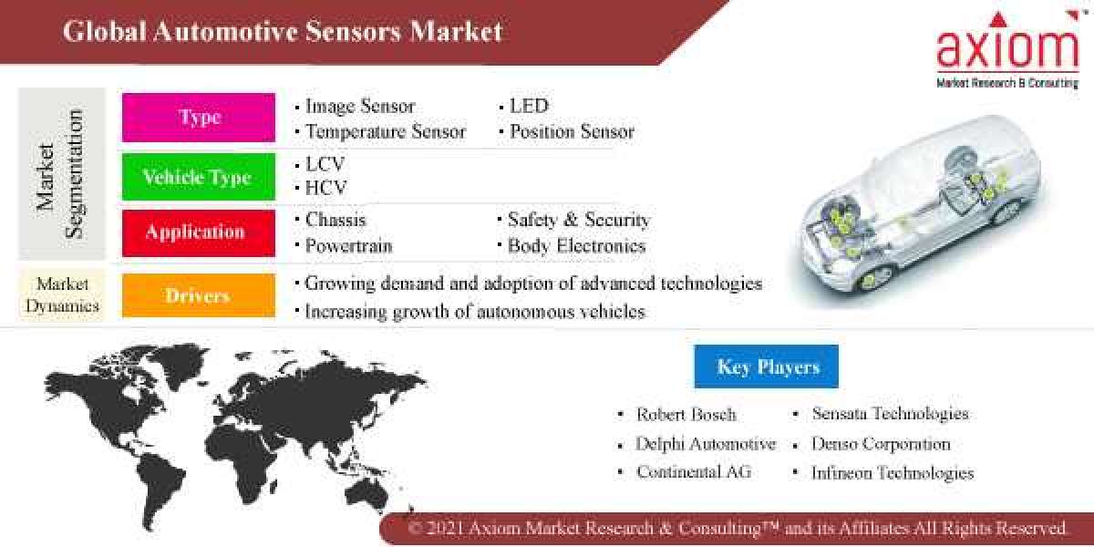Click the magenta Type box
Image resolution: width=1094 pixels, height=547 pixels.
pyautogui.click(x=199, y=118)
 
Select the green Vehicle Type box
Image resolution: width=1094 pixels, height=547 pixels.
pyautogui.click(x=199, y=177)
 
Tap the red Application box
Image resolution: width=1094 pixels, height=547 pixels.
pyautogui.click(x=199, y=232)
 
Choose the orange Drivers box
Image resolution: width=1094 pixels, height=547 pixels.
pyautogui.click(x=199, y=295)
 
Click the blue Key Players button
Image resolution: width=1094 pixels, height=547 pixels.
pyautogui.click(x=766, y=367)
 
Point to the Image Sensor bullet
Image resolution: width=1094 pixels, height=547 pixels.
pyautogui.click(x=360, y=107)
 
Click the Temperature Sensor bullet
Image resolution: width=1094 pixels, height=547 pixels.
pyautogui.click(x=385, y=132)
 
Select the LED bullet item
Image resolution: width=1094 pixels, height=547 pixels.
pyautogui.click(x=529, y=107)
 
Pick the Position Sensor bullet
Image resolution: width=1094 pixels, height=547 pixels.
pyautogui.click(x=572, y=132)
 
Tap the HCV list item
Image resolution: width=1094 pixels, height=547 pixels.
pyautogui.click(x=325, y=189)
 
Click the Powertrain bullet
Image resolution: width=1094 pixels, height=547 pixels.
pyautogui.click(x=348, y=246)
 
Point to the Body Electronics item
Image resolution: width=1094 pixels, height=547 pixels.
pyautogui.click(x=576, y=246)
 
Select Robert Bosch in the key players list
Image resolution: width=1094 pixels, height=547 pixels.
pyautogui.click(x=686, y=414)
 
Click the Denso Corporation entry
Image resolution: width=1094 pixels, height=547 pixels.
pyautogui.click(x=881, y=444)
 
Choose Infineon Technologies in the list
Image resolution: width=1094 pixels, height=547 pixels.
pyautogui.click(x=893, y=473)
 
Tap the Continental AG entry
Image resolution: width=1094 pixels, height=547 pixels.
pyautogui.click(x=694, y=472)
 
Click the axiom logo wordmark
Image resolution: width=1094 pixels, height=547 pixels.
pyautogui.click(x=1007, y=50)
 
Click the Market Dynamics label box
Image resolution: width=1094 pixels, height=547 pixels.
pyautogui.click(x=62, y=294)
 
